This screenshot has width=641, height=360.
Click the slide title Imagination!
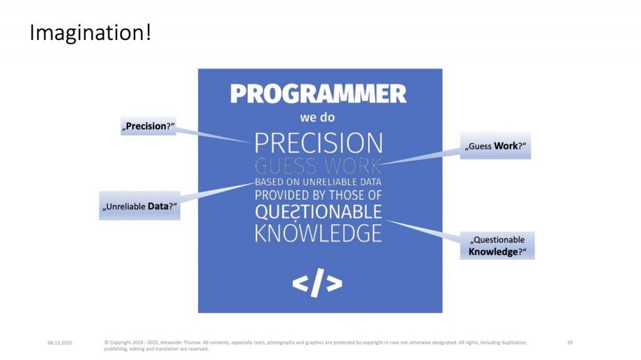(90, 33)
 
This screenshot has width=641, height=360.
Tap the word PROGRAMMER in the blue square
(318, 94)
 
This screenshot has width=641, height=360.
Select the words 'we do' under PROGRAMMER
(317, 118)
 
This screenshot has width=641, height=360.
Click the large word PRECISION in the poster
(318, 143)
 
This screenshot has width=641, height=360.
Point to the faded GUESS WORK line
(318, 167)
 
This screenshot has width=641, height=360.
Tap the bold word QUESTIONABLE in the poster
(318, 212)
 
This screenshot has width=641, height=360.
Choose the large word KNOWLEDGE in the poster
(318, 233)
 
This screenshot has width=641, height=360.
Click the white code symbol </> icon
(317, 284)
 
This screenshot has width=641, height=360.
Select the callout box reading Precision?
(148, 126)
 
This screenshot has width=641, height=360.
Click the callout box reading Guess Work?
(495, 146)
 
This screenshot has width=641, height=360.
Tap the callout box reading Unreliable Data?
(140, 205)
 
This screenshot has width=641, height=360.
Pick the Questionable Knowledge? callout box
(497, 245)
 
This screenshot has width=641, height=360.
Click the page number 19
(570, 342)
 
